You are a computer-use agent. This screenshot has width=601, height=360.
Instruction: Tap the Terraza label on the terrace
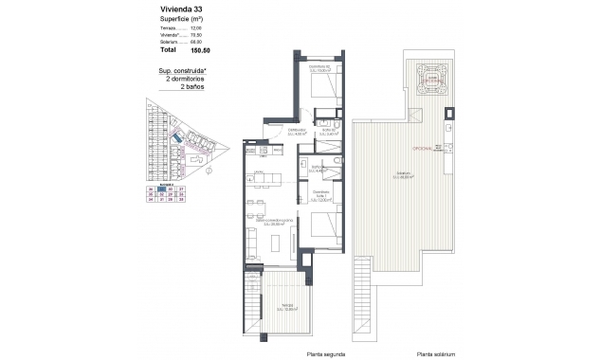tap(284, 306)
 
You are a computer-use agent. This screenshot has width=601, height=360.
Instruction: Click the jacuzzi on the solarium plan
tap(432, 81)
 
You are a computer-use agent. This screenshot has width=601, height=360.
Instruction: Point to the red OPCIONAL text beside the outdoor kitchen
tap(424, 149)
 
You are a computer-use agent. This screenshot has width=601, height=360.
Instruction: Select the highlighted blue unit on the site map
tap(177, 139)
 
